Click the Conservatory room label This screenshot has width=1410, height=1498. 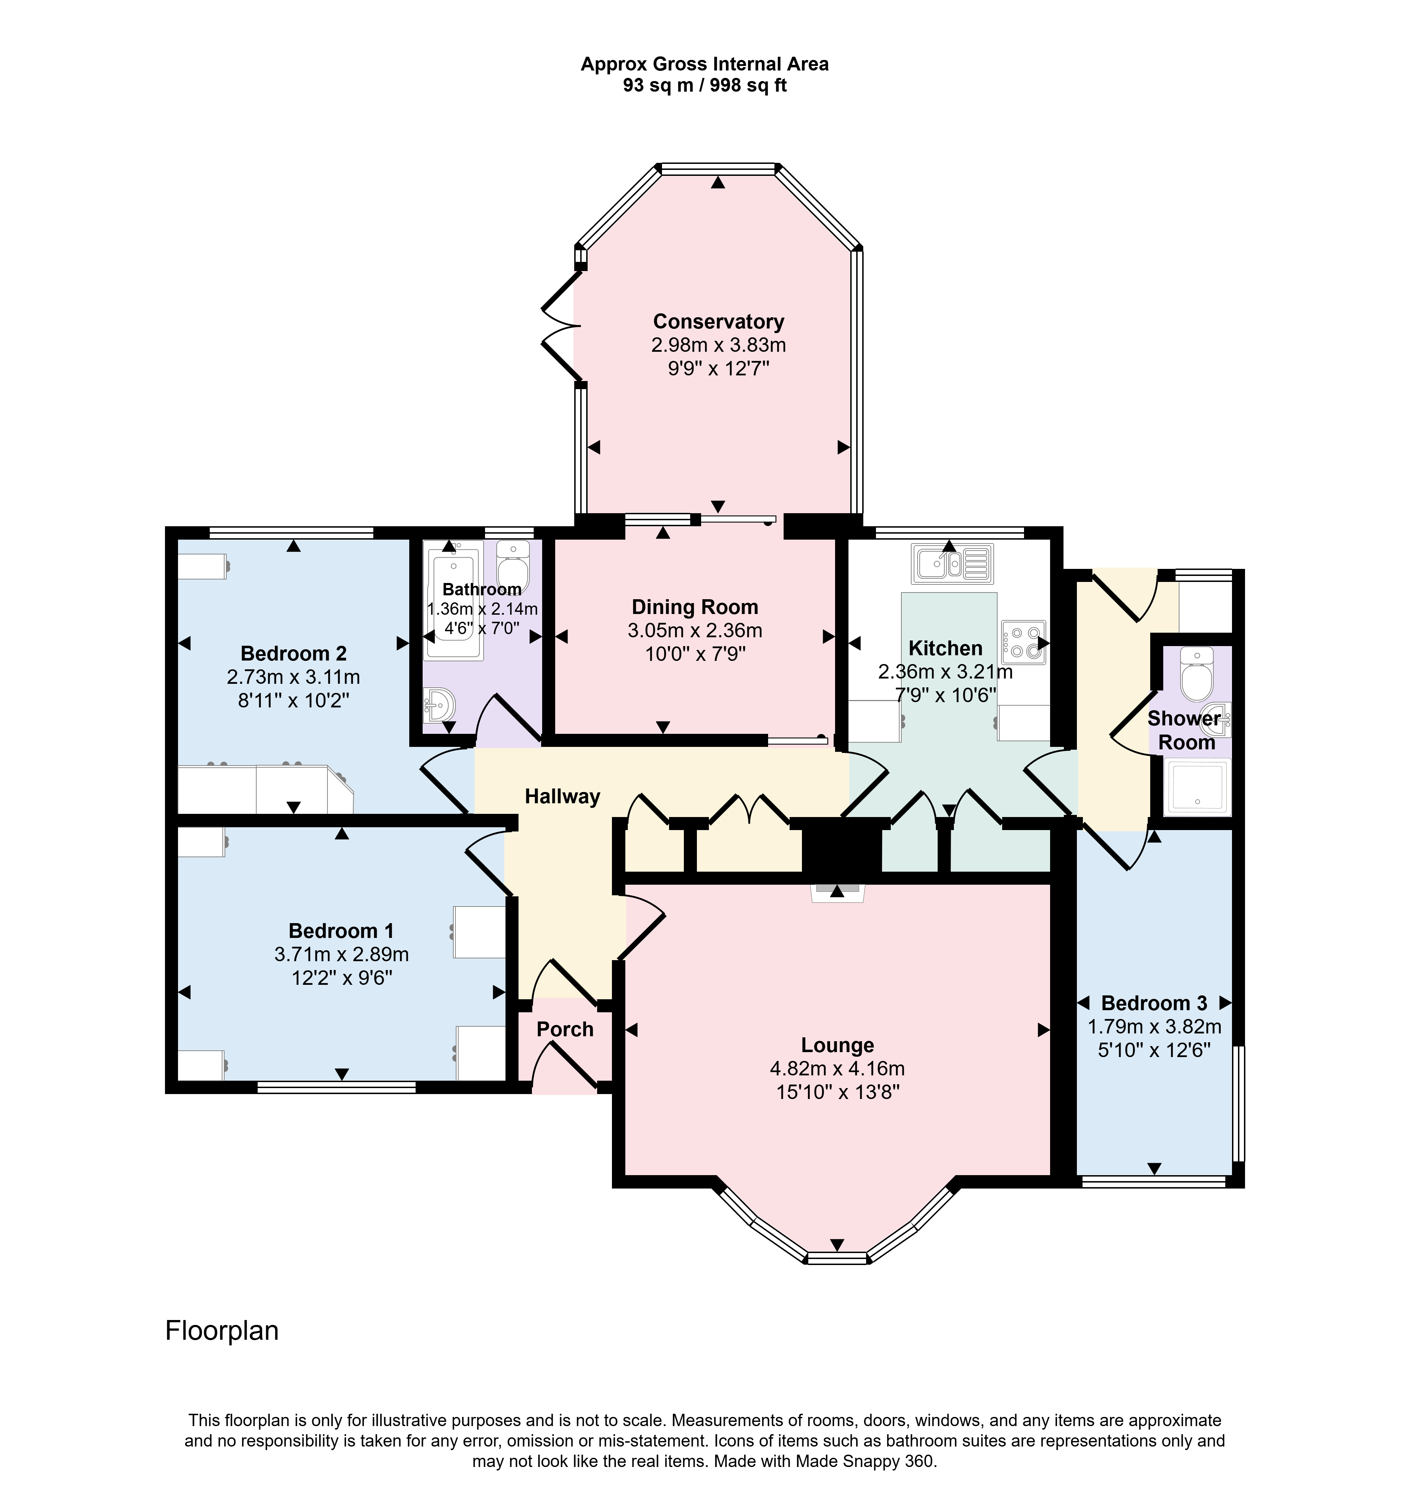[718, 322]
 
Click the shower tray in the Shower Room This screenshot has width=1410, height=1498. [1197, 787]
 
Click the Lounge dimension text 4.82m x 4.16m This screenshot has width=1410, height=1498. [837, 1068]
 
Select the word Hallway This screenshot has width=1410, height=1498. [562, 797]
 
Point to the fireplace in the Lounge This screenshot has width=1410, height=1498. [837, 893]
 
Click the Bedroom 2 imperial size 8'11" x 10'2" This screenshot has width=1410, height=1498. [294, 700]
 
